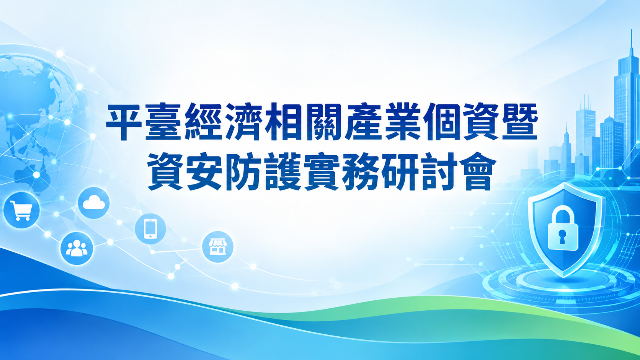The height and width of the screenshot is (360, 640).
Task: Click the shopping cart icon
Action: [x=21, y=210]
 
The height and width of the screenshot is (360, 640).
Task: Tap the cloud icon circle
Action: [x=94, y=203]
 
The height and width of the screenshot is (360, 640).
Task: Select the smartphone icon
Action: [x=150, y=229]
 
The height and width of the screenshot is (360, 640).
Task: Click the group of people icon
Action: [x=77, y=248]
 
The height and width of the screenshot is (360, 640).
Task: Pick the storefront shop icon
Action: [x=218, y=247]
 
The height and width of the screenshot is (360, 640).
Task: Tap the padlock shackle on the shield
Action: [x=563, y=215]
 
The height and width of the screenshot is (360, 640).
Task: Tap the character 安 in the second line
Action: [x=204, y=171]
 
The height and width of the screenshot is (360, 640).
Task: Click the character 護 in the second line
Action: [x=283, y=171]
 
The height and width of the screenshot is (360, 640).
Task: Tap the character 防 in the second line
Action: [x=244, y=171]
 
